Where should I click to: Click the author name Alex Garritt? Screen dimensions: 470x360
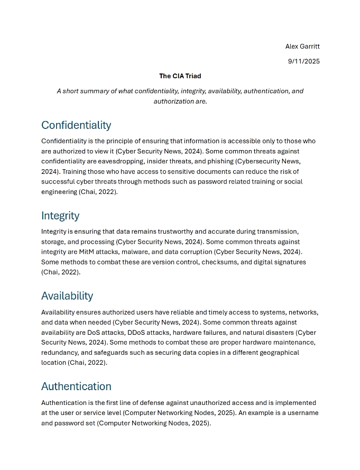tap(302, 47)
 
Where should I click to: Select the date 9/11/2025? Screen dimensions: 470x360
tap(303, 61)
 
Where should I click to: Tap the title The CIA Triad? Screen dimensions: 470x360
tap(180, 76)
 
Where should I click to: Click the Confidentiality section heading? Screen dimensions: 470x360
tap(76, 125)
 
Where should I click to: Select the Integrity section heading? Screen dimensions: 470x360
tap(60, 216)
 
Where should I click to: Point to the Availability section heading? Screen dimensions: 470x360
tap(67, 296)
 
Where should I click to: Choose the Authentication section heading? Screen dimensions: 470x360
tap(76, 386)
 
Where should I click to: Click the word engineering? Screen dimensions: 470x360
tap(59, 192)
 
